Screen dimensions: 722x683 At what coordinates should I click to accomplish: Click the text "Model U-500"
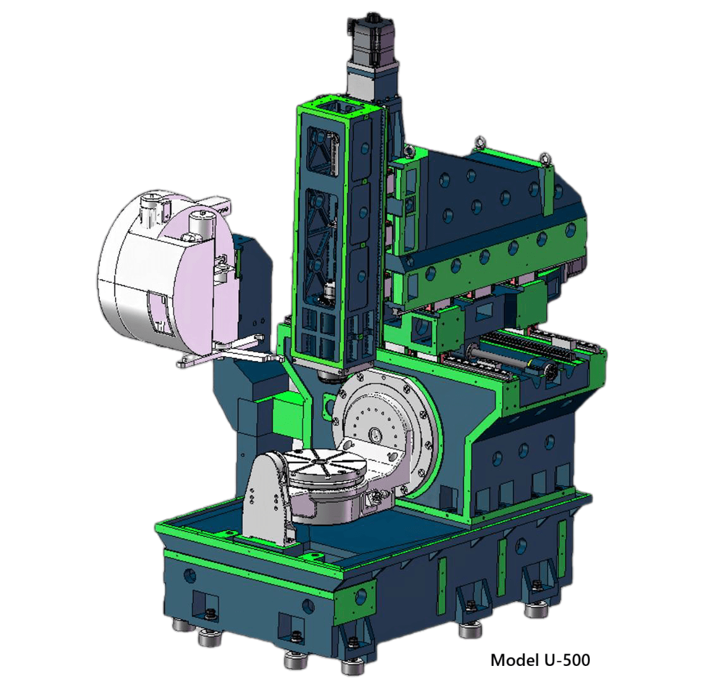(540, 660)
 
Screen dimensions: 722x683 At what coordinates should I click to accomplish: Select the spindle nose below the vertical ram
(329, 376)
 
